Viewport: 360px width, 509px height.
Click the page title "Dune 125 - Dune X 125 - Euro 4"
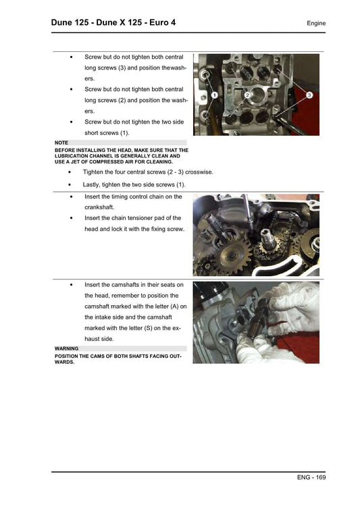(x=113, y=23)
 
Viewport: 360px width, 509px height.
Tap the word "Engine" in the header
(x=315, y=24)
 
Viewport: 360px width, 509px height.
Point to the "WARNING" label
(x=68, y=348)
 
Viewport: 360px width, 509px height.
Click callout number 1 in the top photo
(x=213, y=95)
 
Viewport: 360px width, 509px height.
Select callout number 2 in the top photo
(x=248, y=95)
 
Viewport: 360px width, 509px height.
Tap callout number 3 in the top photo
(x=309, y=95)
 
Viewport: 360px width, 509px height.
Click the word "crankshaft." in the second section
(x=103, y=207)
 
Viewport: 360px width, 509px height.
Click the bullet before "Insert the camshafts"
(x=72, y=285)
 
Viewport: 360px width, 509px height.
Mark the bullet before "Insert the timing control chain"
(x=72, y=196)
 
